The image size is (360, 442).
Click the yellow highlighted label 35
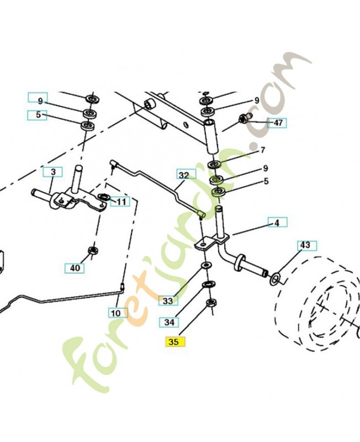[x=174, y=342]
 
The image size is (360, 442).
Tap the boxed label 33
[x=168, y=301]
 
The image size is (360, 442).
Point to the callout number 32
[x=184, y=175]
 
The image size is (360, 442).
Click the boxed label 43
[x=305, y=244]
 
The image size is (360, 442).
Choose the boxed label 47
[x=278, y=123]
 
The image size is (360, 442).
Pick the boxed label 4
[x=277, y=223]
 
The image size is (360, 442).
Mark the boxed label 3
[x=52, y=172]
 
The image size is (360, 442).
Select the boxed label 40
[x=75, y=269]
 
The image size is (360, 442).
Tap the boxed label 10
[x=115, y=313]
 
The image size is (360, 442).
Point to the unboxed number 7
[x=263, y=150]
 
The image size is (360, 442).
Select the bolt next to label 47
[x=244, y=118]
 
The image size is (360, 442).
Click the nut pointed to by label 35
[x=210, y=303]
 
